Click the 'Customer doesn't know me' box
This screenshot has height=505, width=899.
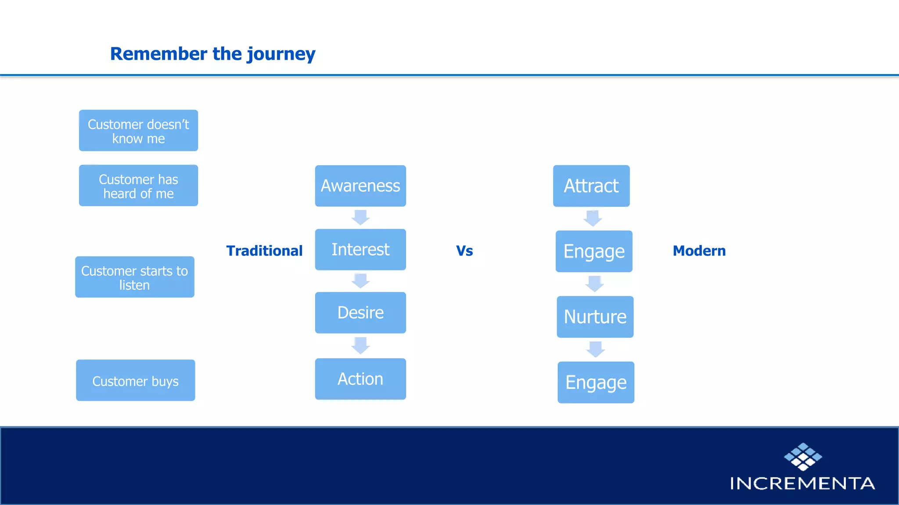(x=138, y=131)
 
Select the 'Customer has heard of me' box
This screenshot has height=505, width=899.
(x=138, y=185)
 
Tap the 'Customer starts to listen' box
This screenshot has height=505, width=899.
(x=135, y=277)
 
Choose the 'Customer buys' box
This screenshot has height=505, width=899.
(x=135, y=381)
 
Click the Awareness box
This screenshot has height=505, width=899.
(x=360, y=186)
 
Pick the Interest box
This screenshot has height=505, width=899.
(x=360, y=249)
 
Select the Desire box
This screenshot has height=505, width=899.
(x=360, y=313)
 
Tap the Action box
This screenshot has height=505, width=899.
(x=360, y=379)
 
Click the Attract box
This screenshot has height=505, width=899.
(x=591, y=186)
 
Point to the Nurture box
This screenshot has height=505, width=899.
(x=595, y=317)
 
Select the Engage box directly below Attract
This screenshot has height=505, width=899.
(x=594, y=251)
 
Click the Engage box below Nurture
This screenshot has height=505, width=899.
(x=596, y=382)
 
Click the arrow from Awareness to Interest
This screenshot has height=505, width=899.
(x=361, y=217)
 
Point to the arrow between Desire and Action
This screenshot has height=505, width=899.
(x=361, y=345)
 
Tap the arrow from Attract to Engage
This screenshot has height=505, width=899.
(x=593, y=218)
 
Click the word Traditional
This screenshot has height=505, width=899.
(x=264, y=251)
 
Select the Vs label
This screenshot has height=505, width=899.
(x=464, y=251)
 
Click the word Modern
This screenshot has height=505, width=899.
(x=699, y=251)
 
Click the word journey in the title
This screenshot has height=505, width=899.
(x=281, y=54)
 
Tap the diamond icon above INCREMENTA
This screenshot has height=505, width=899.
(x=803, y=457)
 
